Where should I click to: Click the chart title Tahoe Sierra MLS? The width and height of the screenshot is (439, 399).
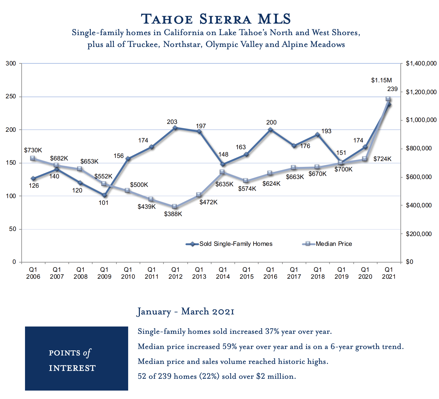216,19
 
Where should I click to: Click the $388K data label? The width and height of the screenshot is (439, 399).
173,214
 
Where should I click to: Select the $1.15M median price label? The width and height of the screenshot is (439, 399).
381,80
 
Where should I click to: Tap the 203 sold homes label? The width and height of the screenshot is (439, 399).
172,122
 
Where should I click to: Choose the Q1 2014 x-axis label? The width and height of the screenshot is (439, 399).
223,273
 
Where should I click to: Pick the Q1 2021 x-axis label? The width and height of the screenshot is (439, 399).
389,273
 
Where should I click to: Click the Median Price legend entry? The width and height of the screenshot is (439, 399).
334,244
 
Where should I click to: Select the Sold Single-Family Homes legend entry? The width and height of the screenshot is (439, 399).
236,244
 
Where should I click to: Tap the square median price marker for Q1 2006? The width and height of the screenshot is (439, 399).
33,158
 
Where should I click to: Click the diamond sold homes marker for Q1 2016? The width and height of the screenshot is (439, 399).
270,130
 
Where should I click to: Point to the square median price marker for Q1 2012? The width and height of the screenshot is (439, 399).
175,207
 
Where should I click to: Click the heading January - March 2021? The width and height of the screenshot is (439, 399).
185,312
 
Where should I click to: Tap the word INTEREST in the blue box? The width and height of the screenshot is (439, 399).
72,368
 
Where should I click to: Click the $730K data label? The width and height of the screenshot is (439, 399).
33,150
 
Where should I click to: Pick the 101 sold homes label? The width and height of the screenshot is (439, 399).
103,203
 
